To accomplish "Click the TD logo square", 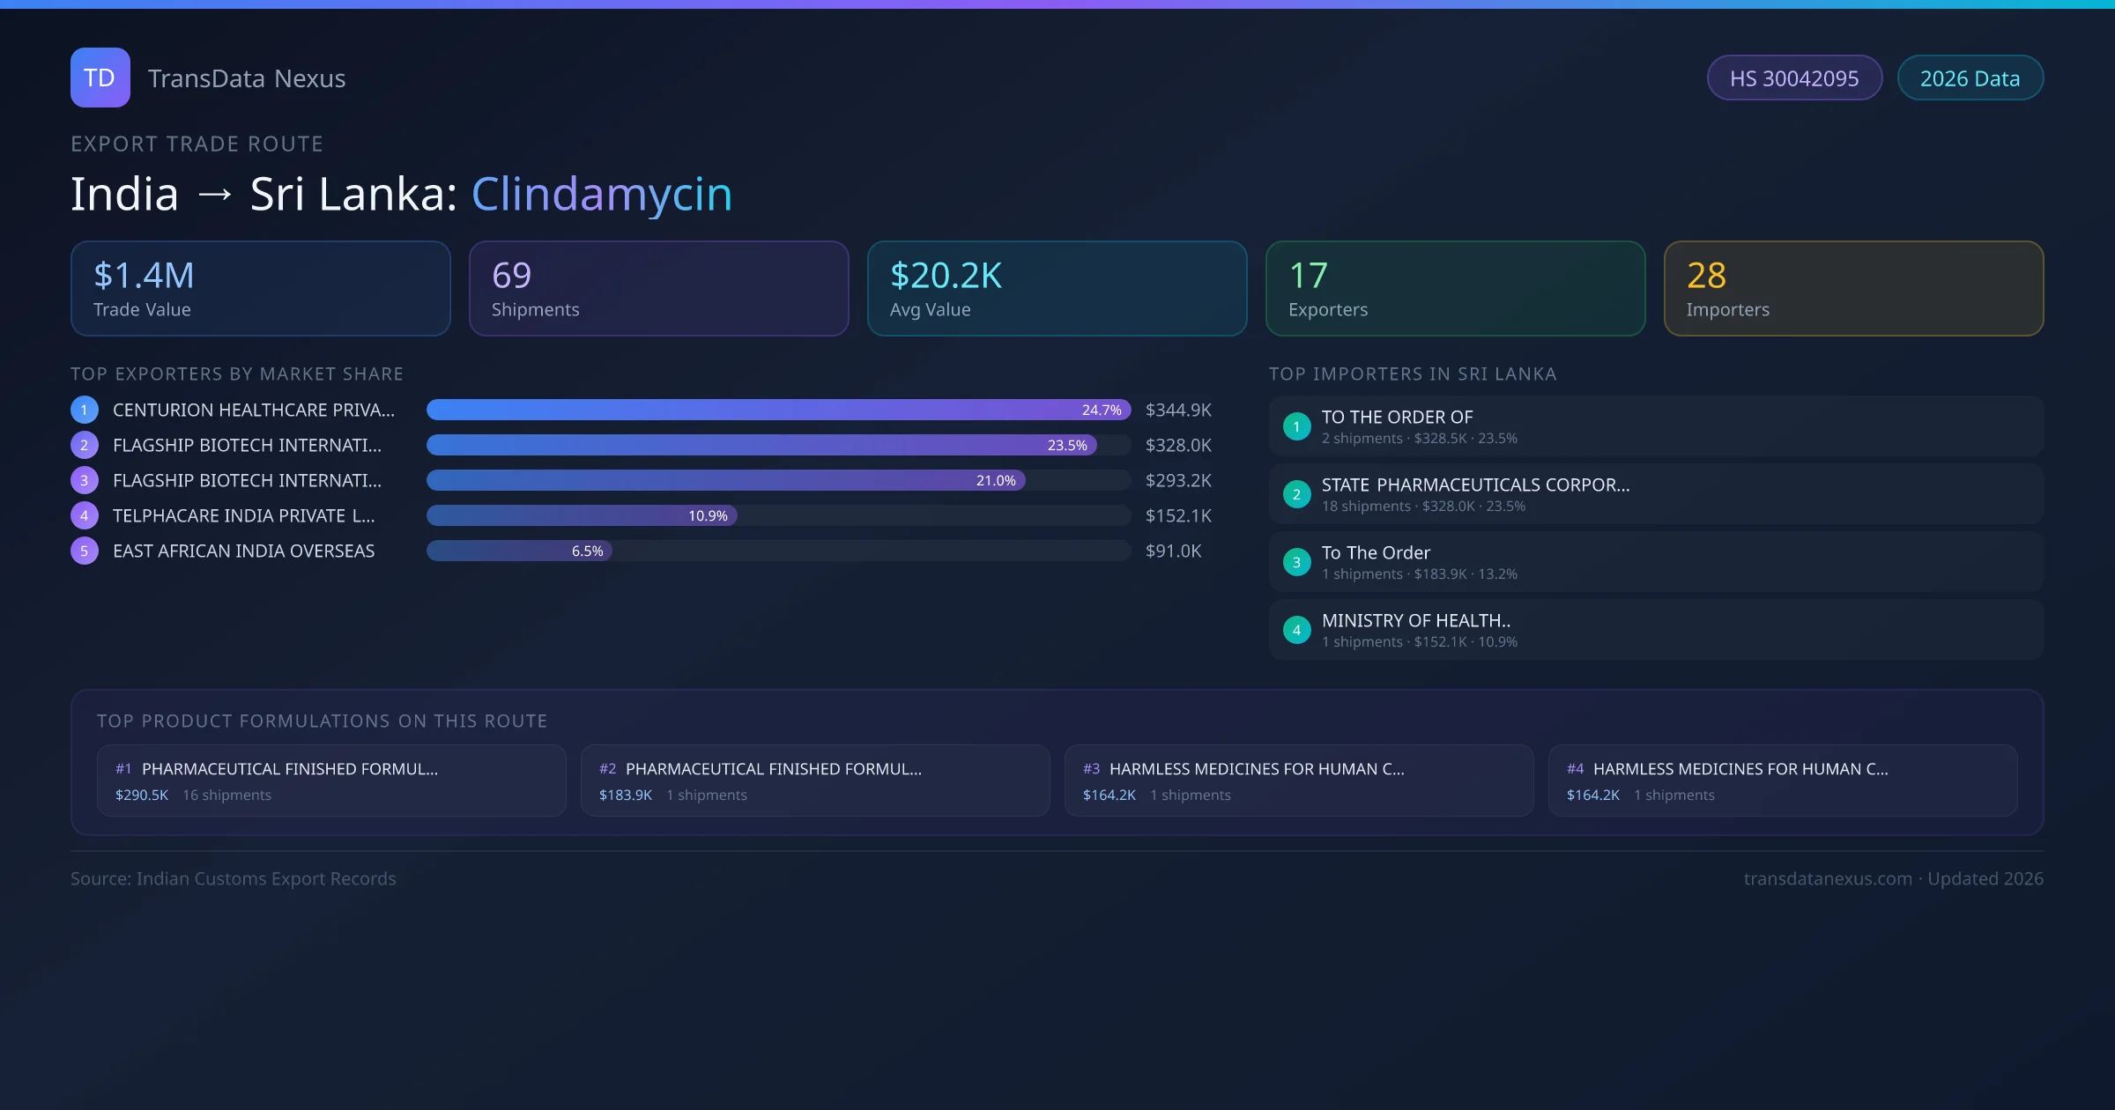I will pyautogui.click(x=100, y=78).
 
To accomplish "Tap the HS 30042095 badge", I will pyautogui.click(x=1793, y=78).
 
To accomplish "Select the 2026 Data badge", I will pyautogui.click(x=1970, y=78).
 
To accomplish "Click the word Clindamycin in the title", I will pyautogui.click(x=601, y=194).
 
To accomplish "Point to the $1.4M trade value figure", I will pyautogui.click(x=144, y=276).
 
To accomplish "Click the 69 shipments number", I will pyautogui.click(x=511, y=276).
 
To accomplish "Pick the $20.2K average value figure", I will pyautogui.click(x=946, y=276).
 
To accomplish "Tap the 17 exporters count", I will pyautogui.click(x=1308, y=276).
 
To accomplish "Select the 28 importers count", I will pyautogui.click(x=1706, y=276).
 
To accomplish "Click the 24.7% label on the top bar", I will pyautogui.click(x=1102, y=410).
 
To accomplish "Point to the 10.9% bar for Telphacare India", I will pyautogui.click(x=582, y=515).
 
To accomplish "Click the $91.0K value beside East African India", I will pyautogui.click(x=1173, y=551).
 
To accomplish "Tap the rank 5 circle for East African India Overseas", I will pyautogui.click(x=85, y=551).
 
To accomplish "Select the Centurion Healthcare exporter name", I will pyautogui.click(x=253, y=410).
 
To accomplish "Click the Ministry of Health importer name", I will pyautogui.click(x=1415, y=621).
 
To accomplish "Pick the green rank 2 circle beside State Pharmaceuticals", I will pyautogui.click(x=1296, y=494).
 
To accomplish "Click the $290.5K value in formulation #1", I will pyautogui.click(x=141, y=795).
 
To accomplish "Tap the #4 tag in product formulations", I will pyautogui.click(x=1575, y=769).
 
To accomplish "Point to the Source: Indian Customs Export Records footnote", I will pyautogui.click(x=233, y=878).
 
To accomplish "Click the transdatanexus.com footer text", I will pyautogui.click(x=1828, y=878).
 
